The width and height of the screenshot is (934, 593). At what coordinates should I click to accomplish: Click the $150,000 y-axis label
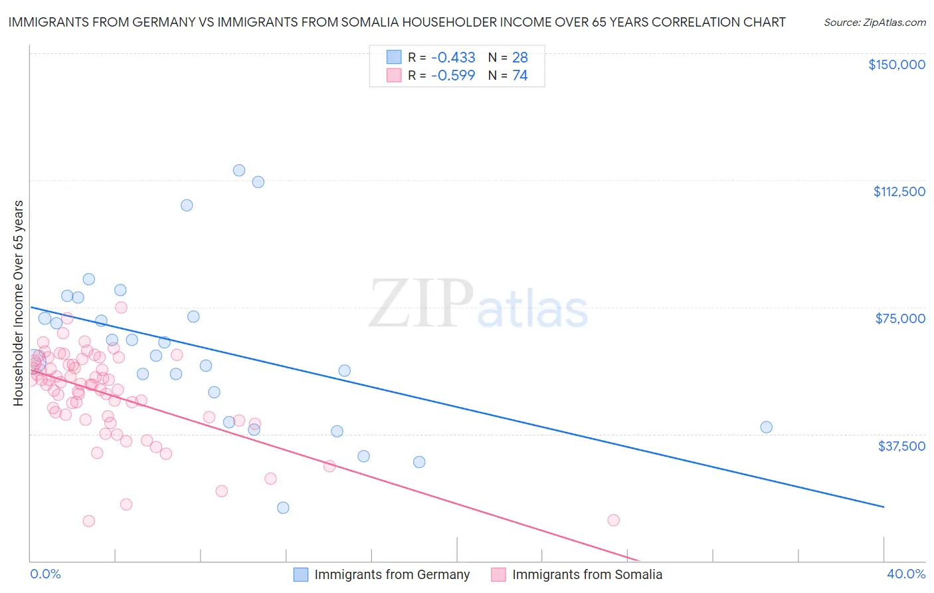click(896, 64)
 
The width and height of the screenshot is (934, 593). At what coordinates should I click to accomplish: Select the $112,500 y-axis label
click(899, 191)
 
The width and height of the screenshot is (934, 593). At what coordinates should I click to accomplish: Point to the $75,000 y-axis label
click(900, 318)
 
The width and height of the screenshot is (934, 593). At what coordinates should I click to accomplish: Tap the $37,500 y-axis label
click(901, 446)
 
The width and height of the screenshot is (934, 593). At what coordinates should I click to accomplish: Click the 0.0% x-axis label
click(45, 574)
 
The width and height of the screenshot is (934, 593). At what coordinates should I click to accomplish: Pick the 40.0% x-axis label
click(906, 574)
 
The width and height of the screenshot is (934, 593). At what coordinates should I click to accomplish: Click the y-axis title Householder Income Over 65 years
click(19, 303)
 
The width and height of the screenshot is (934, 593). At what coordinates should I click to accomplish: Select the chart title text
click(397, 22)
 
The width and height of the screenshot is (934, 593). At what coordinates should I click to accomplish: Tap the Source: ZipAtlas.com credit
click(874, 23)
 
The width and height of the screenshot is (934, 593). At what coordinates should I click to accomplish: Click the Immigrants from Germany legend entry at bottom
click(391, 574)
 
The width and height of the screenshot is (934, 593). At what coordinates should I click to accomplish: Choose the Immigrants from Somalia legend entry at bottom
click(587, 574)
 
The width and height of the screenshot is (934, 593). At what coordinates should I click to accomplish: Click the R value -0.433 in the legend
click(453, 57)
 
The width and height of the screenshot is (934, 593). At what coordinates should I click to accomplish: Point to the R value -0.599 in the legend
click(453, 75)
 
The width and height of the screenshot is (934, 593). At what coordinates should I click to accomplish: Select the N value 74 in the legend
click(519, 75)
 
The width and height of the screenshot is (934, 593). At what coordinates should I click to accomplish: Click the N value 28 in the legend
click(519, 57)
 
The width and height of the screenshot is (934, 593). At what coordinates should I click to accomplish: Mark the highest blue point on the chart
click(239, 170)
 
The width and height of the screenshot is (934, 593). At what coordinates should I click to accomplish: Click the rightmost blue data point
click(766, 427)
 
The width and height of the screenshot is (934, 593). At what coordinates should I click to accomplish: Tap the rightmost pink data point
click(613, 520)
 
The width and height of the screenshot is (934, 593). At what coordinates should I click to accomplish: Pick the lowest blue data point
click(283, 507)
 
